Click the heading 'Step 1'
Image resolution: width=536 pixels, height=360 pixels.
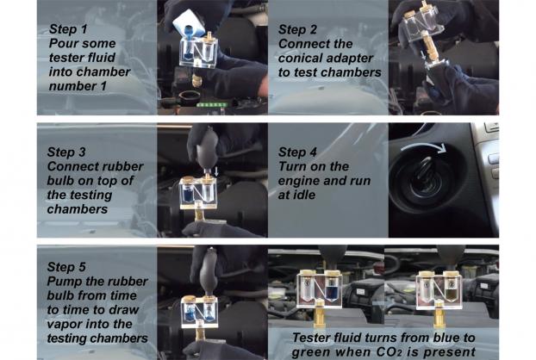click(x=68, y=29)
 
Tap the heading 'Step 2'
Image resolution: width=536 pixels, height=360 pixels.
click(x=298, y=29)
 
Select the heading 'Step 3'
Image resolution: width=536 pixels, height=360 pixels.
click(x=66, y=152)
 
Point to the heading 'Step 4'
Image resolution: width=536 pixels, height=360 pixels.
click(x=298, y=152)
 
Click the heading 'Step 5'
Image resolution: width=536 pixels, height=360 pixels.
click(x=66, y=267)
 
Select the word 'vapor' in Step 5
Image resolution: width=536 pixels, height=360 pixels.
click(x=64, y=324)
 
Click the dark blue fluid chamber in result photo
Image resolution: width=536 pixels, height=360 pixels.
click(x=331, y=290)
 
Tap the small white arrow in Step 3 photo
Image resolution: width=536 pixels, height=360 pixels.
click(x=216, y=171)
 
